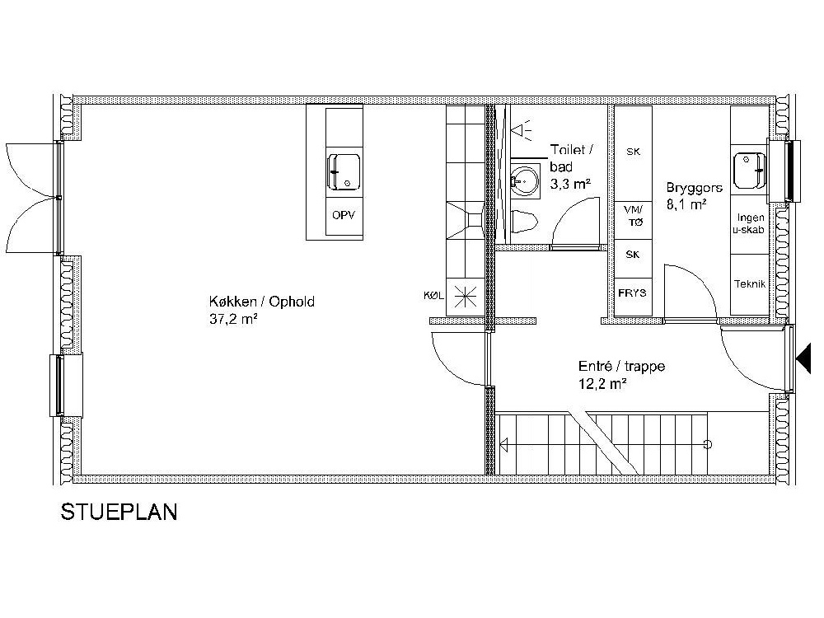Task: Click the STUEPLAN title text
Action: pyautogui.click(x=119, y=513)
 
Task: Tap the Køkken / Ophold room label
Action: pyautogui.click(x=262, y=302)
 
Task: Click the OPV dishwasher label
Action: pyautogui.click(x=344, y=216)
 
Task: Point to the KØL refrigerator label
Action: pyautogui.click(x=433, y=294)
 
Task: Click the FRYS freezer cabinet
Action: pyautogui.click(x=633, y=293)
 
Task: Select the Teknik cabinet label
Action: pyautogui.click(x=750, y=284)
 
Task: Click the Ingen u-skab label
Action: pyautogui.click(x=751, y=224)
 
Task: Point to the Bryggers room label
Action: pyautogui.click(x=694, y=187)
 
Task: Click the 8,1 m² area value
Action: pyautogui.click(x=686, y=203)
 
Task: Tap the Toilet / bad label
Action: pyautogui.click(x=571, y=158)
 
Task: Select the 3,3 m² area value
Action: pyautogui.click(x=569, y=184)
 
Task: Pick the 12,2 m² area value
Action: pyautogui.click(x=602, y=383)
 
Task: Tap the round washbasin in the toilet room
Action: pyautogui.click(x=522, y=177)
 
